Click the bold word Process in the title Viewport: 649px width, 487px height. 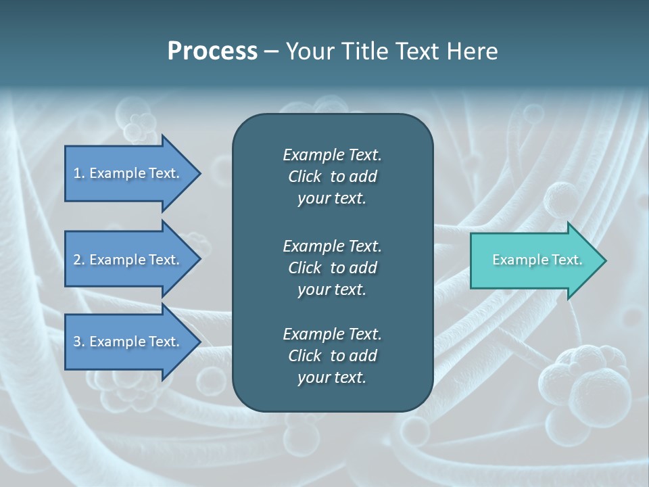(x=212, y=51)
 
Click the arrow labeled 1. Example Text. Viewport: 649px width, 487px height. (x=128, y=173)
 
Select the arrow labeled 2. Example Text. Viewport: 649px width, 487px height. (x=128, y=260)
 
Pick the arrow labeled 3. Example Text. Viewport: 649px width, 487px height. (x=128, y=342)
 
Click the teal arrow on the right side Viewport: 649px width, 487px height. (x=534, y=260)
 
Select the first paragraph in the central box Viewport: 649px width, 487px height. (x=332, y=177)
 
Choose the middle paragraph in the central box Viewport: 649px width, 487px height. (x=332, y=268)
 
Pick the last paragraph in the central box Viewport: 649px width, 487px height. (x=332, y=356)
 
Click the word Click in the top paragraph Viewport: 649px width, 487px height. (x=304, y=177)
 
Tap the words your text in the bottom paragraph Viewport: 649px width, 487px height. (x=332, y=378)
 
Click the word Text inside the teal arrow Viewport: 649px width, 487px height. (x=567, y=260)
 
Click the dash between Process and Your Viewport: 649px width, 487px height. (x=271, y=52)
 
